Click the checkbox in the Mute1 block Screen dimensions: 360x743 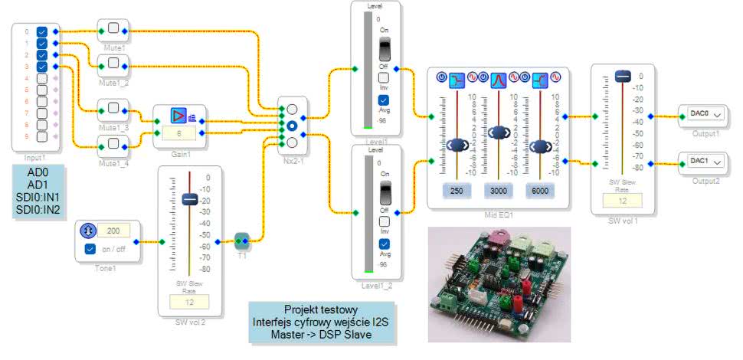[114, 28]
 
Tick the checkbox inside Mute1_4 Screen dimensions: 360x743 [114, 143]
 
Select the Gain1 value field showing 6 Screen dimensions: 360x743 [178, 133]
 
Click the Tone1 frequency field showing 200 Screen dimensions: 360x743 [113, 230]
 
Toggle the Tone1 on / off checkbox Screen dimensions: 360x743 [90, 250]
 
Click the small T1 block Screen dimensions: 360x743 [241, 242]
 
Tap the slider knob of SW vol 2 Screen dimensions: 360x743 [190, 199]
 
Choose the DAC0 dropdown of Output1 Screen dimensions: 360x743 [705, 114]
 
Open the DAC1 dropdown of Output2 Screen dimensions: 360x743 [705, 162]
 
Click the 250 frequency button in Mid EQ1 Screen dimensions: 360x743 [456, 191]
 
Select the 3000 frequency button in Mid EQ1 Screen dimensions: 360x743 [498, 191]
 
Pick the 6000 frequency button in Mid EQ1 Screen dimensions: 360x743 [541, 191]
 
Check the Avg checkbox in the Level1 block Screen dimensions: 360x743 [385, 99]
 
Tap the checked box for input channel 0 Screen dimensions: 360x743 [41, 31]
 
